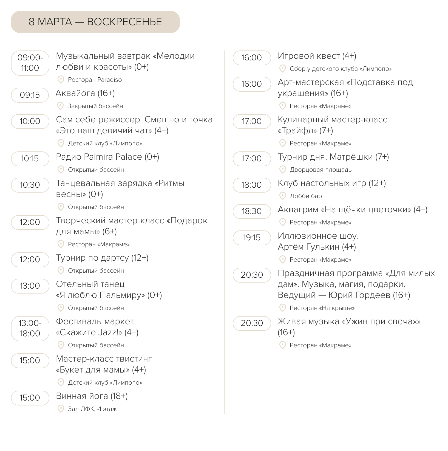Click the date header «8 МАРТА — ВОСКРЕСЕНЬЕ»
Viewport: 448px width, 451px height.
pyautogui.click(x=95, y=22)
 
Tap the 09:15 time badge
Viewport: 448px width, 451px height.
pyautogui.click(x=30, y=95)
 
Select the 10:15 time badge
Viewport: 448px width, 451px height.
pyautogui.click(x=30, y=159)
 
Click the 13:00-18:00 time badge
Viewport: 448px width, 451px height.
pyautogui.click(x=30, y=328)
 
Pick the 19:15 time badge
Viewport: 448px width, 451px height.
pyautogui.click(x=252, y=238)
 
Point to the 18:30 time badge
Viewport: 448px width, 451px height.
pyautogui.click(x=252, y=211)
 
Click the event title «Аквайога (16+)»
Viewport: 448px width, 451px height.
pyautogui.click(x=85, y=93)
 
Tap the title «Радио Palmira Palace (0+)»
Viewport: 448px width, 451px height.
pyautogui.click(x=107, y=157)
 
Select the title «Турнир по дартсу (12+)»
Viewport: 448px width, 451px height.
pyautogui.click(x=102, y=258)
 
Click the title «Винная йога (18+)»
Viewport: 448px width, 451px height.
pyautogui.click(x=92, y=396)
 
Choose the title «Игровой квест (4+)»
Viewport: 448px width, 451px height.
pyautogui.click(x=317, y=56)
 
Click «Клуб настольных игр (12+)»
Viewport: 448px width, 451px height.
pyautogui.click(x=332, y=183)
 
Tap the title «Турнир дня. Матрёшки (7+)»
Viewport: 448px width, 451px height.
pyautogui.click(x=333, y=157)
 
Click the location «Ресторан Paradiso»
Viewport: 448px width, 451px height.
pyautogui.click(x=95, y=80)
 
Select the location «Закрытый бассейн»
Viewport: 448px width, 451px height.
pyautogui.click(x=95, y=106)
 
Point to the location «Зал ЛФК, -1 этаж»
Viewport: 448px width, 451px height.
pyautogui.click(x=92, y=409)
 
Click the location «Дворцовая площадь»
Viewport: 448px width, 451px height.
pyautogui.click(x=321, y=170)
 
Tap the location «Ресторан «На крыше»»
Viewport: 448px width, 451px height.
pyautogui.click(x=322, y=308)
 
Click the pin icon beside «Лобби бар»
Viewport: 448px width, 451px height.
pyautogui.click(x=282, y=196)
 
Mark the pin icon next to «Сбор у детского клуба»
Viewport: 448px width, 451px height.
pyautogui.click(x=282, y=69)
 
